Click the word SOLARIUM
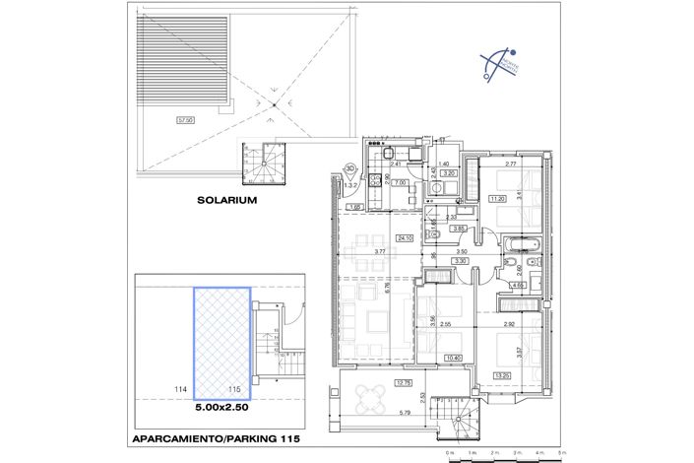coord(225,199)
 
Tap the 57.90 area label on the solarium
coord(183,120)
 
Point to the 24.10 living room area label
coord(404,237)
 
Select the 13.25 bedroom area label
coord(502,375)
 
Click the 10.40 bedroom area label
coord(453,358)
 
